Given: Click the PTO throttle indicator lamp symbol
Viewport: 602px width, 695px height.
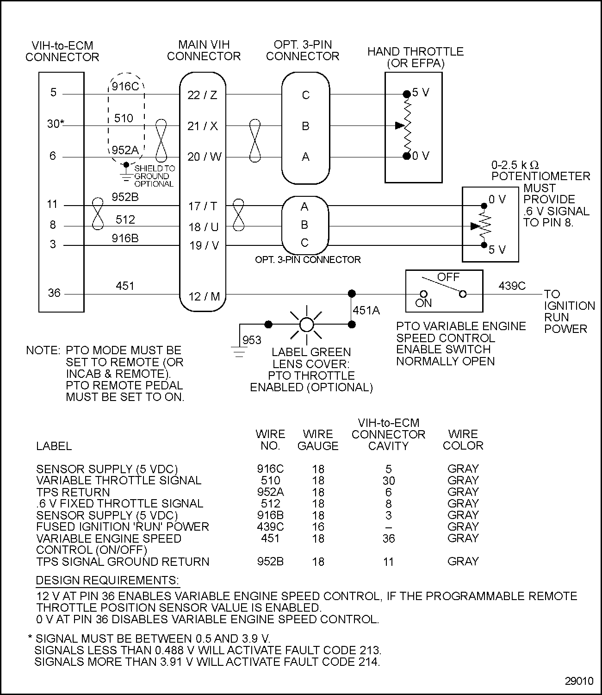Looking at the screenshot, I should pyautogui.click(x=306, y=325).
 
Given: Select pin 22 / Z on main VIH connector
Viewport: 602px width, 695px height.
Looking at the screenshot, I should pyautogui.click(x=202, y=95).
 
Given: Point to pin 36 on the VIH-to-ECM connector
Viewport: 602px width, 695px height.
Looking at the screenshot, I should pyautogui.click(x=54, y=293).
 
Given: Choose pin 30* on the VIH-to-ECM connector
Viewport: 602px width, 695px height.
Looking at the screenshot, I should pyautogui.click(x=56, y=124).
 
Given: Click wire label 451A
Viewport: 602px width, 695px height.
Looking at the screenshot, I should pyautogui.click(x=366, y=310).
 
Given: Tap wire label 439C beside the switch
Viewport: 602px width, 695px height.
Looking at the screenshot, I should pyautogui.click(x=512, y=286).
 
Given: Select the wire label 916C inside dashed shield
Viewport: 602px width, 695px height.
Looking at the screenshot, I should pyautogui.click(x=125, y=87).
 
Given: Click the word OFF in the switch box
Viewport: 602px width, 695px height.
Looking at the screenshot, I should pyautogui.click(x=448, y=277).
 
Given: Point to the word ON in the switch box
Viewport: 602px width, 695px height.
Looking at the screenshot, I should pyautogui.click(x=423, y=303).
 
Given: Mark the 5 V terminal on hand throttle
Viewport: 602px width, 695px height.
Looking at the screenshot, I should pyautogui.click(x=407, y=94).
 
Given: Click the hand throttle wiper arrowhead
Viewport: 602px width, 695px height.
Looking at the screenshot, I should pyautogui.click(x=399, y=125).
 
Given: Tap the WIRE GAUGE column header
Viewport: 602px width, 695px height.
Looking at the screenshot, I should pyautogui.click(x=318, y=440).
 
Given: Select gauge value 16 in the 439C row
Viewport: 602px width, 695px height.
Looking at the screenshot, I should pyautogui.click(x=318, y=527).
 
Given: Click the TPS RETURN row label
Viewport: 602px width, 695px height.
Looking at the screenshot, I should pyautogui.click(x=73, y=492).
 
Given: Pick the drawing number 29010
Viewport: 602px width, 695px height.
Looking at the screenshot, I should pyautogui.click(x=579, y=681).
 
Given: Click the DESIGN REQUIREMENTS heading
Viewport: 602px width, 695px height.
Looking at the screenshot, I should pyautogui.click(x=107, y=581).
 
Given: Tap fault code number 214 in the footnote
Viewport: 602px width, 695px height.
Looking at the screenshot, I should pyautogui.click(x=369, y=662).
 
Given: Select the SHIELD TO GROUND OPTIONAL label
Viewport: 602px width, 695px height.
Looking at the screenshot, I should pyautogui.click(x=155, y=176).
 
